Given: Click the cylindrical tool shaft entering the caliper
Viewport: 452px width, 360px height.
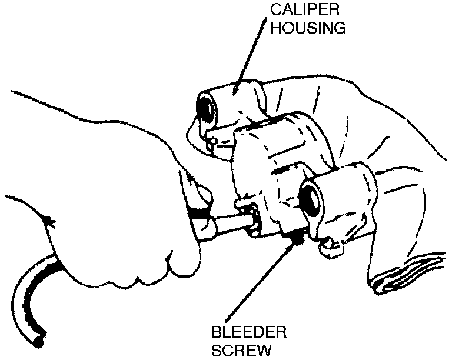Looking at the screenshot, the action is tap(232, 224).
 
